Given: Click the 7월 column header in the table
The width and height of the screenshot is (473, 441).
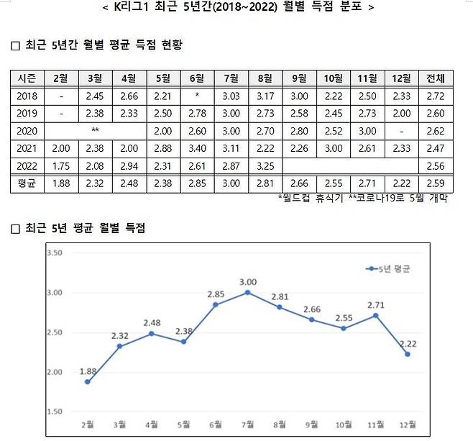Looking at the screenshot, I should point(231,78).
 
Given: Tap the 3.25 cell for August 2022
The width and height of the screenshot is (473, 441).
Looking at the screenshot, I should point(265,165).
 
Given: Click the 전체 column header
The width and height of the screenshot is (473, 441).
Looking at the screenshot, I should point(434,78).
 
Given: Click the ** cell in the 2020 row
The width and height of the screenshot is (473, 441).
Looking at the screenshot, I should point(94,131).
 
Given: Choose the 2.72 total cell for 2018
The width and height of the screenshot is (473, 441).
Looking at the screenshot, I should point(434,96).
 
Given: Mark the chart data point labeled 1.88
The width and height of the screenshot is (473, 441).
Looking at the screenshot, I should point(87,381).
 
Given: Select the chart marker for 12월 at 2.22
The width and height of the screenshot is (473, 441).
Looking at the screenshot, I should point(408,353).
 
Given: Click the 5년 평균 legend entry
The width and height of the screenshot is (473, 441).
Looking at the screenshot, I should point(392,268).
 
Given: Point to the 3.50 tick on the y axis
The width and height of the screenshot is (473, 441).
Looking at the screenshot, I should point(55,253).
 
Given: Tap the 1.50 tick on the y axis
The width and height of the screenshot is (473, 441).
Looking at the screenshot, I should point(55,412).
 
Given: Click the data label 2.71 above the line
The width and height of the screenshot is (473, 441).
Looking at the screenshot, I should point(376,304).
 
